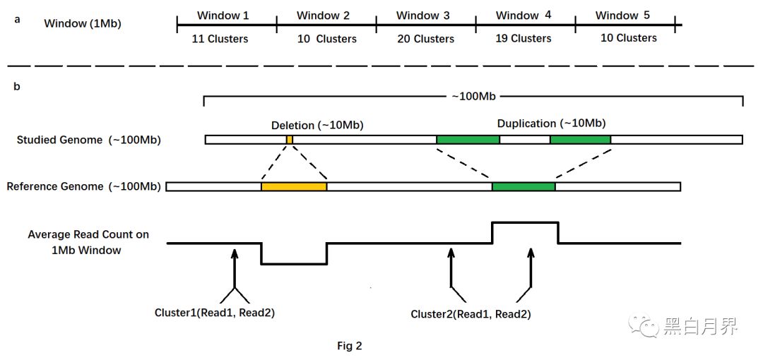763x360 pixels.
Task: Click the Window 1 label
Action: click(223, 16)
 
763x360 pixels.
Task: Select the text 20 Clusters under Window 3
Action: click(425, 39)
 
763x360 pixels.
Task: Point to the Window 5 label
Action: click(622, 16)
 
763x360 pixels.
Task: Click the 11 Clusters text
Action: click(220, 39)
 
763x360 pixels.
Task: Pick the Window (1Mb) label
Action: click(83, 23)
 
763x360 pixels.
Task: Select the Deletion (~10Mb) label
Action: click(317, 125)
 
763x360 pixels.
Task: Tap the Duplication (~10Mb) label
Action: click(551, 124)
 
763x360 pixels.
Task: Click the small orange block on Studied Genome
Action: click(290, 140)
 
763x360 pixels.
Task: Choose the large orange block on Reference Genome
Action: click(294, 187)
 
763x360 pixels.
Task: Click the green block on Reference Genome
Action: click(524, 187)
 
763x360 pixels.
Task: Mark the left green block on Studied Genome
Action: click(468, 140)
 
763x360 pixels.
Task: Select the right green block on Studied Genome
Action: click(580, 140)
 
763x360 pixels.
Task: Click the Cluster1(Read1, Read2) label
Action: click(214, 312)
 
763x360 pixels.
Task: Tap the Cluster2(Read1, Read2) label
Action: click(471, 313)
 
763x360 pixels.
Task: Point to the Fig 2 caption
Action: click(349, 346)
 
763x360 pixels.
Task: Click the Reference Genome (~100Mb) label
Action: click(83, 187)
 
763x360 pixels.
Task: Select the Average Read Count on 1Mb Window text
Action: click(88, 242)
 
